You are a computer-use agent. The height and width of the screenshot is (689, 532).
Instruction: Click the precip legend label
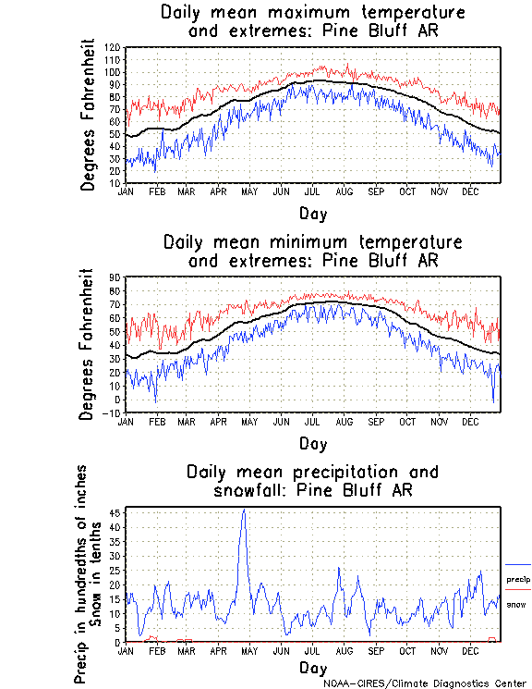(518, 580)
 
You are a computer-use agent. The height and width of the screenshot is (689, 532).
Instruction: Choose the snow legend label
(516, 604)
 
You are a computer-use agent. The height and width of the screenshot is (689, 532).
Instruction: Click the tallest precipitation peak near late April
(244, 511)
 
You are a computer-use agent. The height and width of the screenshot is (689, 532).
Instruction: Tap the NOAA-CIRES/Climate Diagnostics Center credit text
(426, 683)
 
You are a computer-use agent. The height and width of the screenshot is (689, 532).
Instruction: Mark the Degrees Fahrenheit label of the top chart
(89, 114)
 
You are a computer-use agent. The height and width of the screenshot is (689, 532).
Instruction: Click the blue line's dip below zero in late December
(493, 403)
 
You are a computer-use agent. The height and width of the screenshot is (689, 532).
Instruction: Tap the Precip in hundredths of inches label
(82, 573)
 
